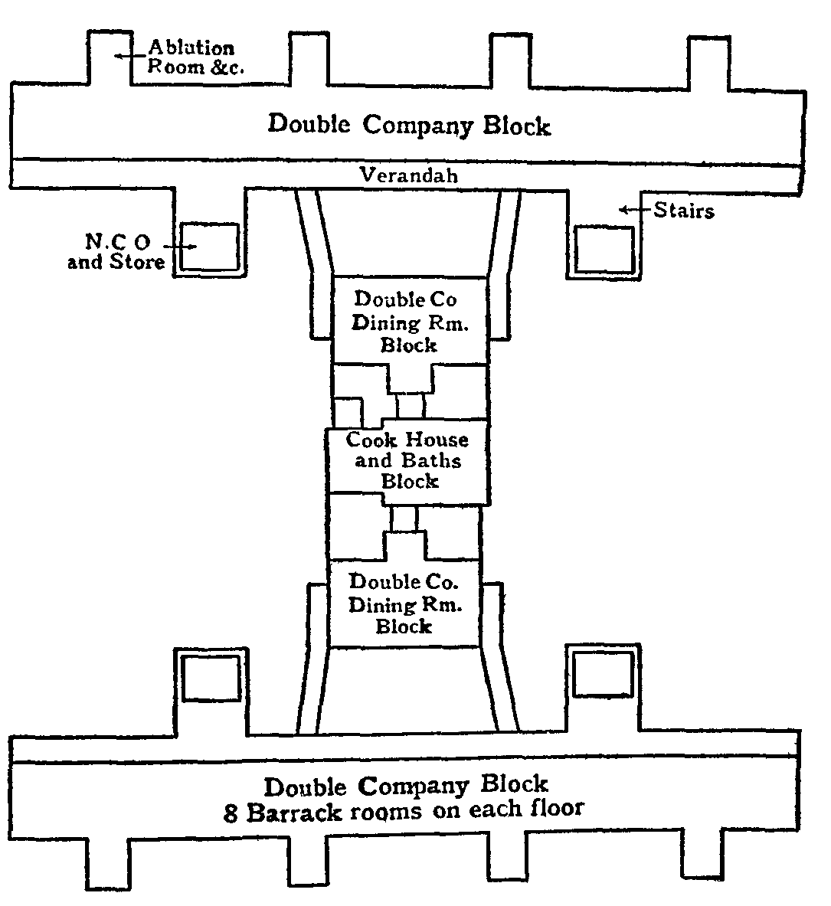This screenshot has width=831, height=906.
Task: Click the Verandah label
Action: pyautogui.click(x=408, y=175)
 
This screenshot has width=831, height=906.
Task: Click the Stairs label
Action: pyautogui.click(x=683, y=211)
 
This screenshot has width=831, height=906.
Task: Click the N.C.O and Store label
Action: pyautogui.click(x=116, y=252)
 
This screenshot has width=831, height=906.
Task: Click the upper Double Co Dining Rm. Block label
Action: pyautogui.click(x=409, y=322)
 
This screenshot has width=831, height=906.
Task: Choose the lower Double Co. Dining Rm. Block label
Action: pyautogui.click(x=404, y=605)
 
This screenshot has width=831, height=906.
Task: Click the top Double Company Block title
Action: pyautogui.click(x=408, y=125)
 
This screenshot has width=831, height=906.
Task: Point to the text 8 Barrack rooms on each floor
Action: pyautogui.click(x=404, y=810)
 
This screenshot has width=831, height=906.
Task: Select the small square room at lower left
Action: pyautogui.click(x=212, y=676)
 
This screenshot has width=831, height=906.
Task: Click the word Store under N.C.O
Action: pyautogui.click(x=137, y=263)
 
